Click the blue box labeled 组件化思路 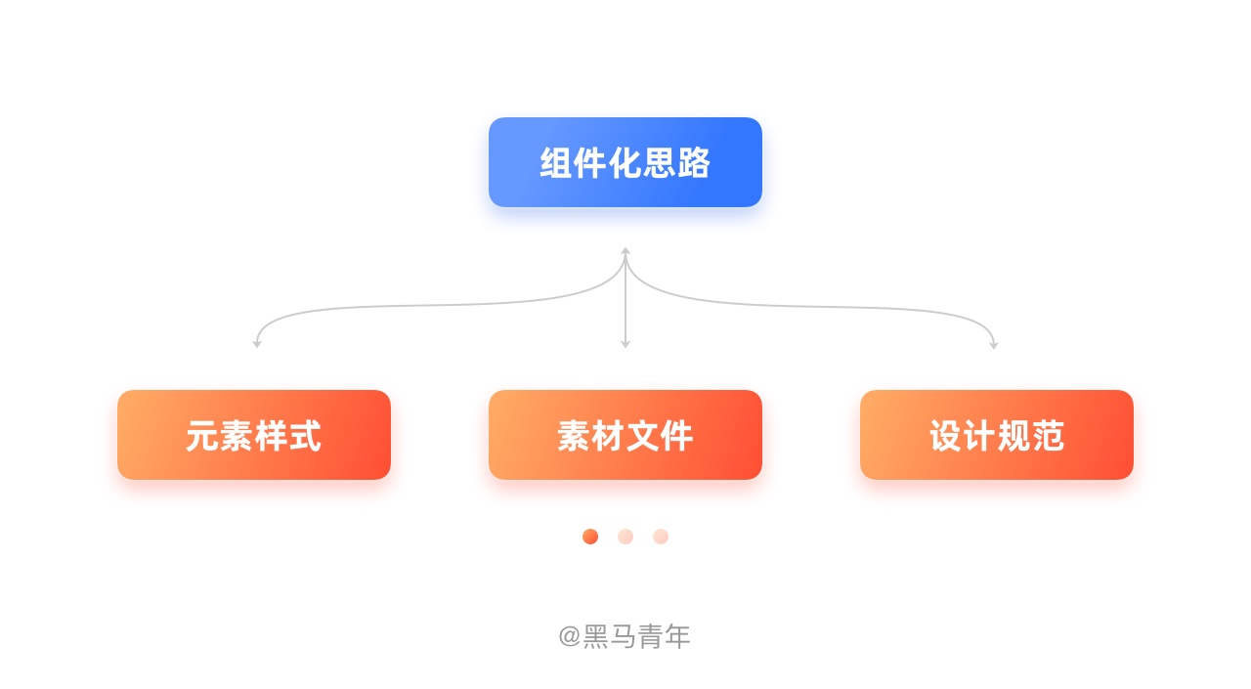[x=625, y=162]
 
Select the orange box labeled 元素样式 [x=254, y=434]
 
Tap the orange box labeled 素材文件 [x=625, y=434]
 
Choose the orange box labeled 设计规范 [x=997, y=434]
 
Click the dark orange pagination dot [x=590, y=537]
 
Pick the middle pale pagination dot [x=625, y=537]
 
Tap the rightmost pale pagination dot [x=661, y=537]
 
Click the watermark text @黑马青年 [x=625, y=636]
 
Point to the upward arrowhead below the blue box [x=625, y=252]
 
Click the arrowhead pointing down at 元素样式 [x=257, y=343]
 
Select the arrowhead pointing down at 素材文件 [x=625, y=343]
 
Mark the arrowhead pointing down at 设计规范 [x=994, y=344]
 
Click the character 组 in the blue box [x=557, y=162]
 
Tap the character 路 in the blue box [x=694, y=162]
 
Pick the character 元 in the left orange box [x=202, y=436]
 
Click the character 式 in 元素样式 [x=305, y=436]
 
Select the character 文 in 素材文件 [x=642, y=436]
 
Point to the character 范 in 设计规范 [x=1048, y=436]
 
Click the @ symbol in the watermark [x=570, y=637]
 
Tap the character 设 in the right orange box [x=945, y=436]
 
